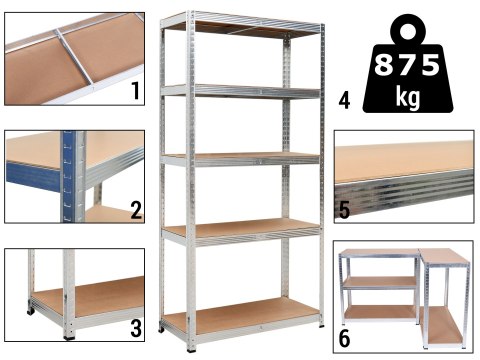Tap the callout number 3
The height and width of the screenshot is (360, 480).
(x=136, y=328)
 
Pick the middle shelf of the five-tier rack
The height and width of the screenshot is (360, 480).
(x=240, y=157)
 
